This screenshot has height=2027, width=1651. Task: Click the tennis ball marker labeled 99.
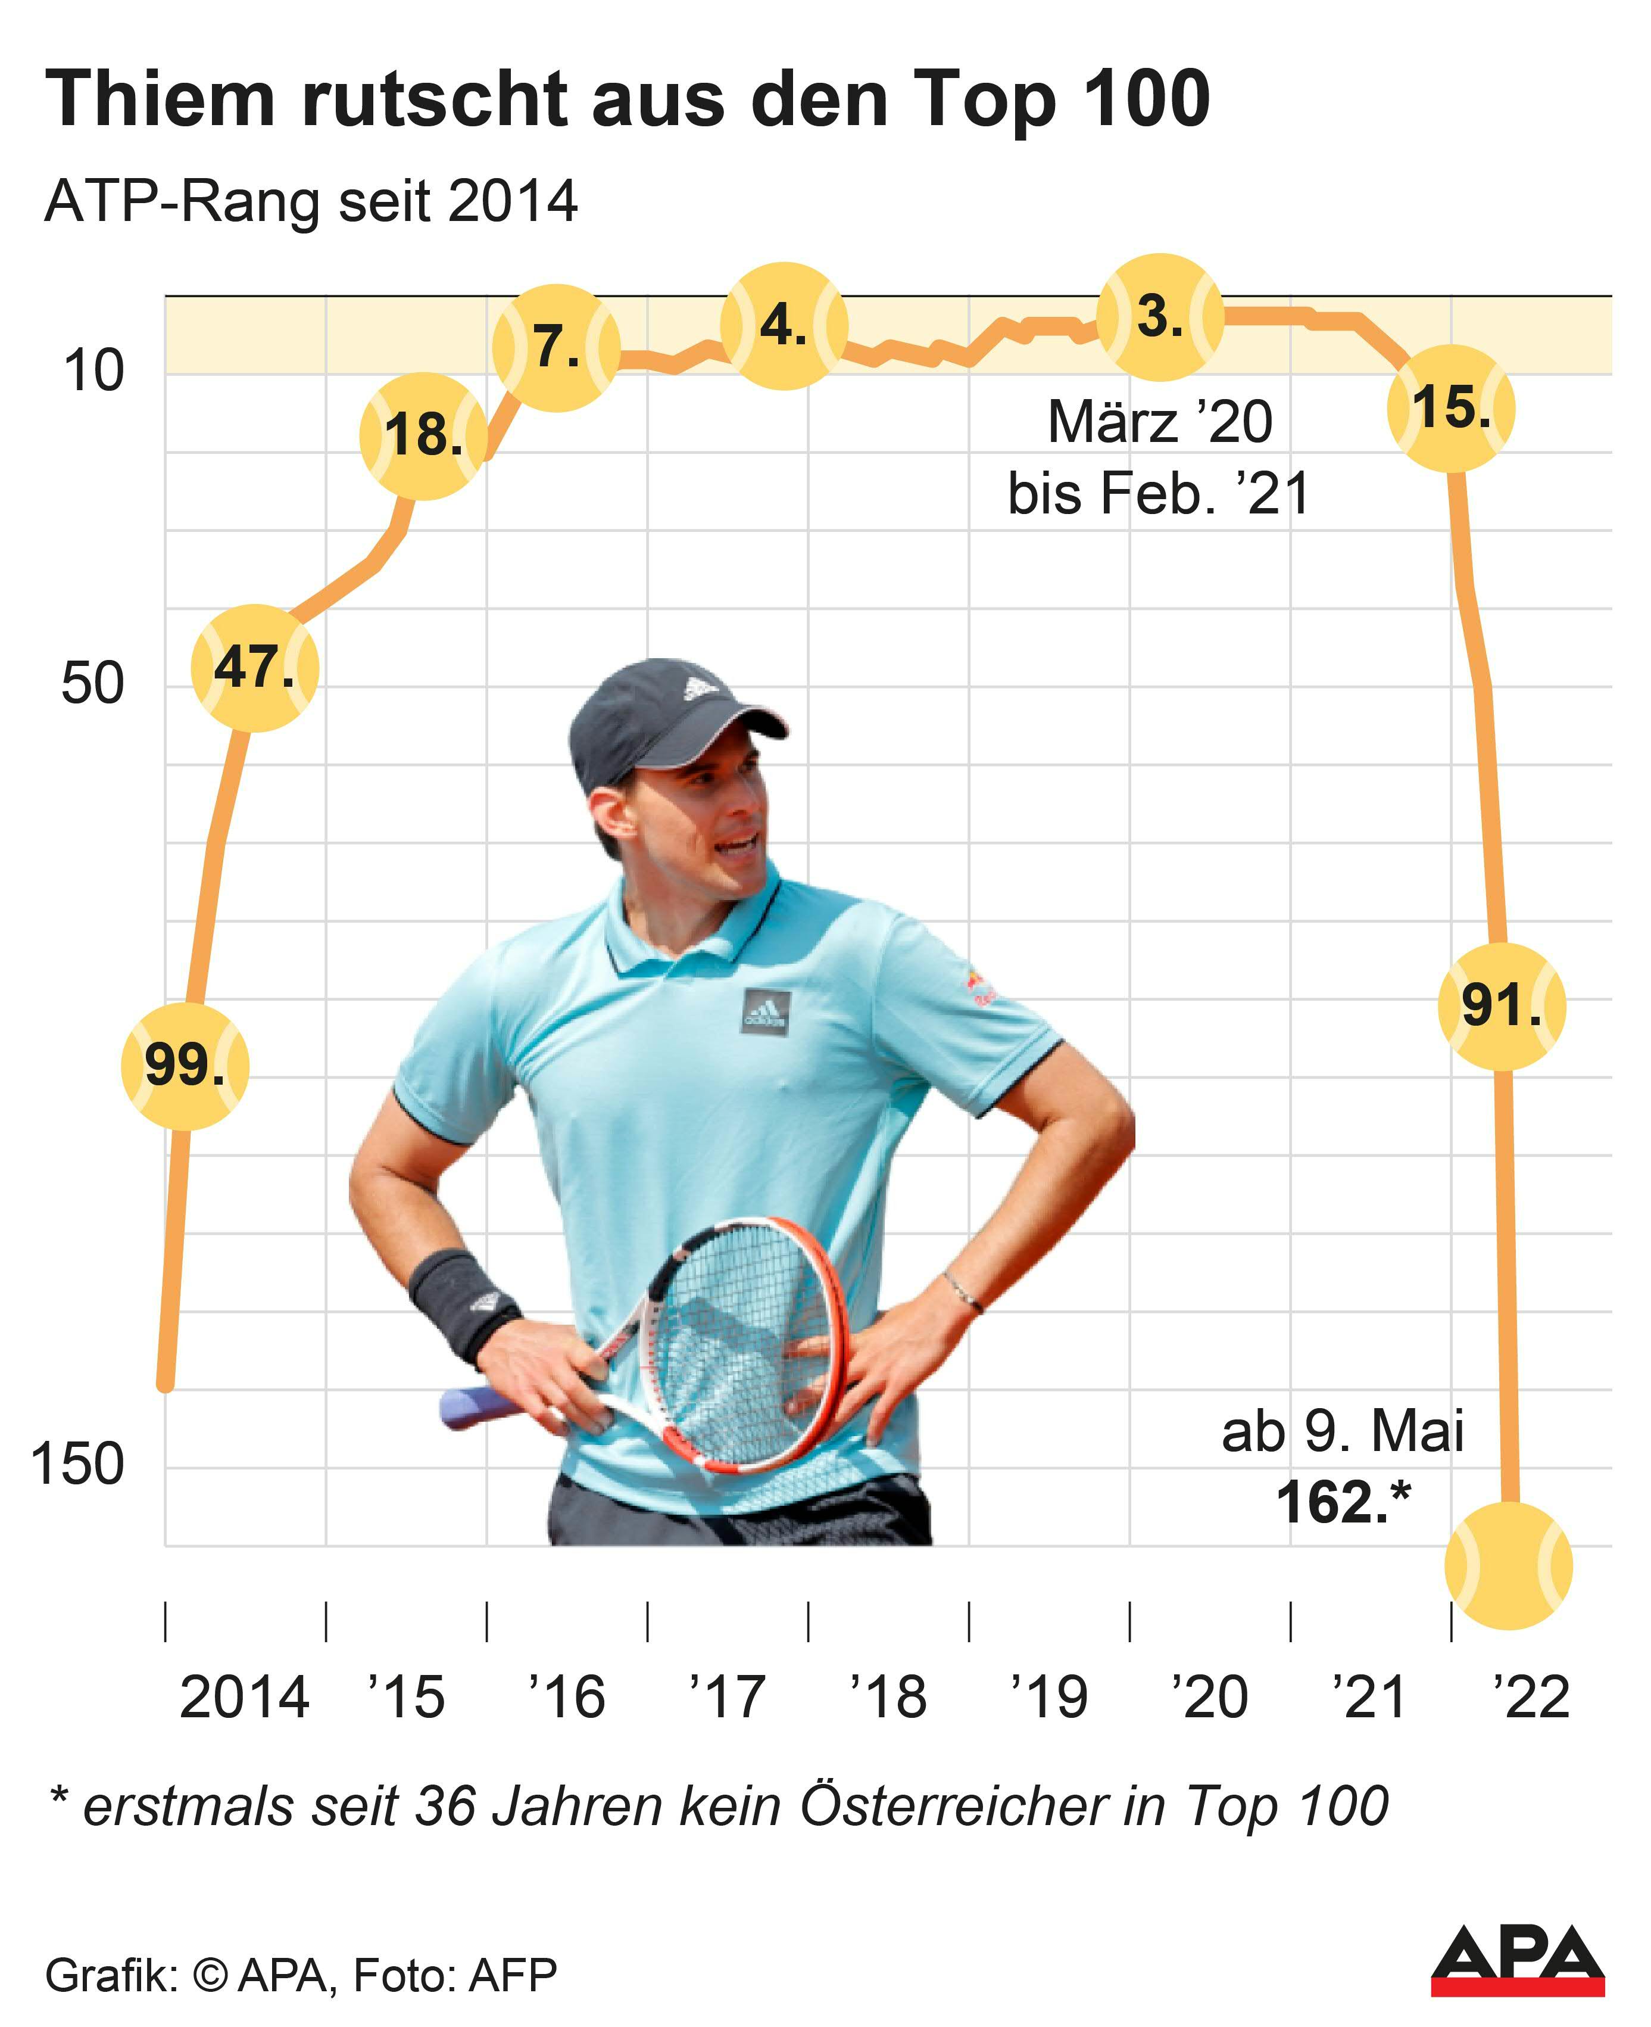pyautogui.click(x=185, y=1066)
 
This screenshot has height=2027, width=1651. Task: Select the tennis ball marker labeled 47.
pyautogui.click(x=254, y=668)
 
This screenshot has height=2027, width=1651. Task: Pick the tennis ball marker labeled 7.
pyautogui.click(x=556, y=347)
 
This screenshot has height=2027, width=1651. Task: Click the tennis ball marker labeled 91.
pyautogui.click(x=1501, y=1005)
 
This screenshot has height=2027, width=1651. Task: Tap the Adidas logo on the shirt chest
pyautogui.click(x=766, y=1011)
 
